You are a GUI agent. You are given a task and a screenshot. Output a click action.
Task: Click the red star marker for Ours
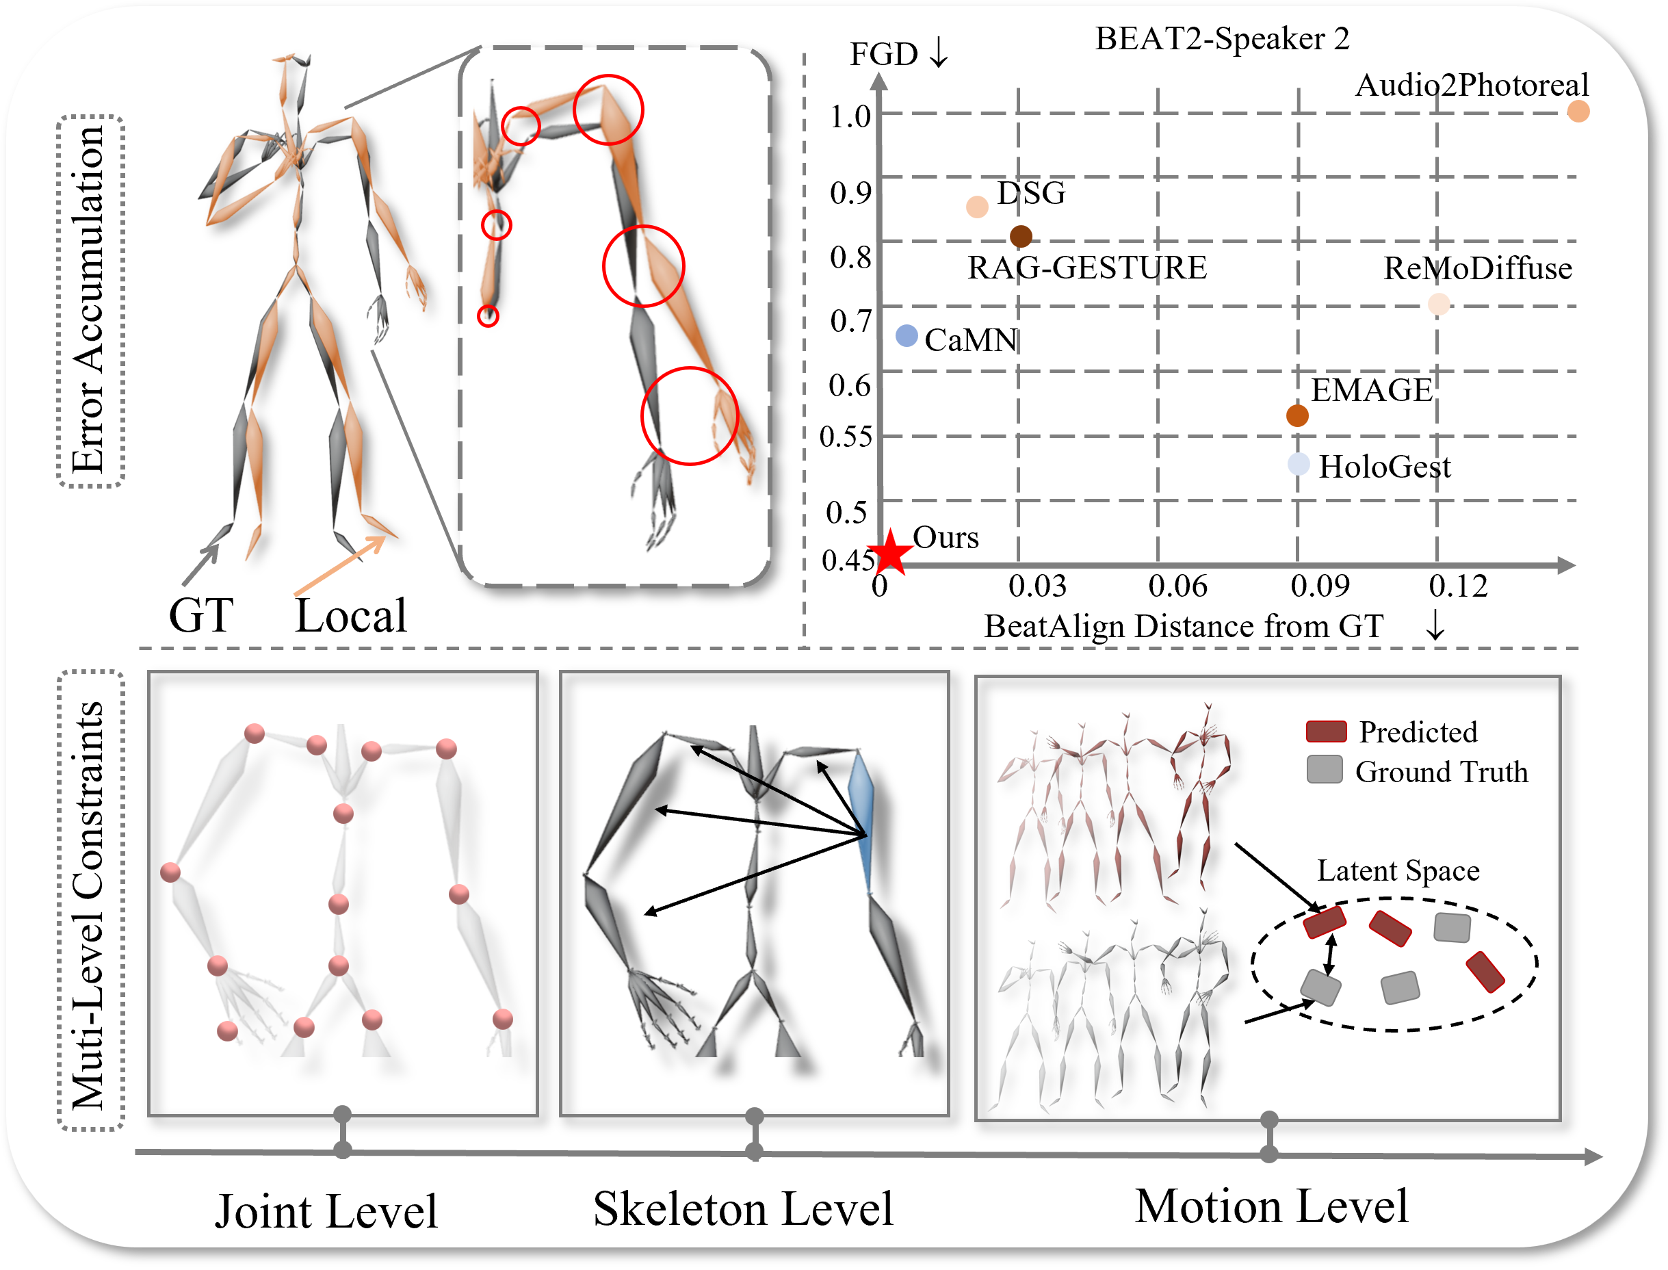click(890, 552)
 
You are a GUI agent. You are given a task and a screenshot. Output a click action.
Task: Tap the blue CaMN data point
click(906, 336)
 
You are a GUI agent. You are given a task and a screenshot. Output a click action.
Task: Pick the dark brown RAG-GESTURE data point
click(1021, 237)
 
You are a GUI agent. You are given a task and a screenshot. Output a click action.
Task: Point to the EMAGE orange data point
click(1297, 415)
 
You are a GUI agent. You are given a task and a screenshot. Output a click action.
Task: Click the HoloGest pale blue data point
click(1299, 464)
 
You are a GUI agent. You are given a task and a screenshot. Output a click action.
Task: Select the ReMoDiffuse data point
click(1439, 304)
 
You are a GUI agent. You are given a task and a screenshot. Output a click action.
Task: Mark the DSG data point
click(977, 207)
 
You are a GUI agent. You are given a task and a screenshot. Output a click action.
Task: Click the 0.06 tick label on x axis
click(1177, 586)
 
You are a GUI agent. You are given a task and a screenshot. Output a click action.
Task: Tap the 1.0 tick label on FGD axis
click(850, 117)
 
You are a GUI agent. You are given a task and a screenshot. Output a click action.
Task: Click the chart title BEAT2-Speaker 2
click(1222, 38)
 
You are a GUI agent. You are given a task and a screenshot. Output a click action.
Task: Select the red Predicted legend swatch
click(1327, 731)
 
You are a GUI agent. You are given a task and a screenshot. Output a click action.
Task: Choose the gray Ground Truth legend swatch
click(1324, 770)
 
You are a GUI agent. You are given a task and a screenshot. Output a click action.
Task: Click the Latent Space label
click(1398, 871)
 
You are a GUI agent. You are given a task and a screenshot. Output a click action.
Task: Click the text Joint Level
click(326, 1212)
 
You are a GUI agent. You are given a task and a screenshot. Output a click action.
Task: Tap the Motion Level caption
click(1271, 1206)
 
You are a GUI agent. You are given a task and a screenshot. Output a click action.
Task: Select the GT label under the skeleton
click(201, 615)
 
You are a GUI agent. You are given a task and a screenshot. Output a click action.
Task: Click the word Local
click(351, 615)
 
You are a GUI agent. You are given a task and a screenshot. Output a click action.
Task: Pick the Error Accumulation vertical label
click(90, 301)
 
